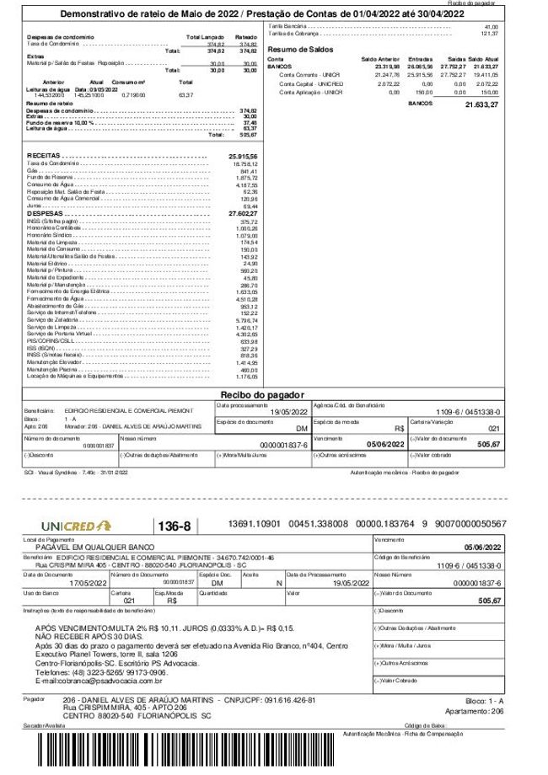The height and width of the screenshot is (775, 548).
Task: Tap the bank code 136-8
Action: coord(176,526)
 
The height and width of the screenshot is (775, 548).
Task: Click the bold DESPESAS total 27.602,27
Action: coord(243,214)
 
